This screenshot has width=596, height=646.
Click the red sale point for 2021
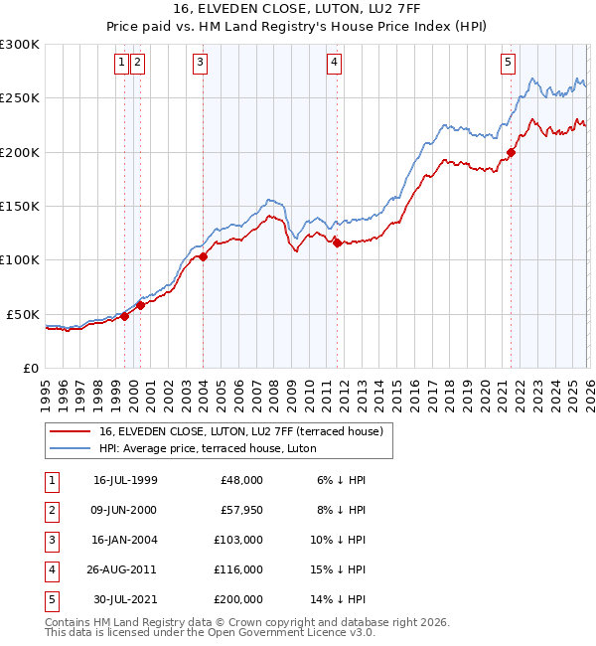click(x=512, y=152)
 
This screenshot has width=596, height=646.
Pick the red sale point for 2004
click(x=203, y=256)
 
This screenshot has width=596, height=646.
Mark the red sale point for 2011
click(x=337, y=242)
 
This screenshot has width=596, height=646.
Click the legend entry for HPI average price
click(x=208, y=448)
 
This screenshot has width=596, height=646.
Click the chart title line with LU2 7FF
click(x=298, y=11)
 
